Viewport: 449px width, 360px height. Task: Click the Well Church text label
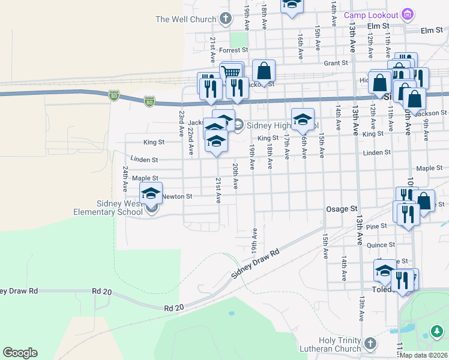185,19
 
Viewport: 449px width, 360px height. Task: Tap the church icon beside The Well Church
226,19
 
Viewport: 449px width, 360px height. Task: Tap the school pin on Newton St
151,193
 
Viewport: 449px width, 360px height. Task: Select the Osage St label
342,209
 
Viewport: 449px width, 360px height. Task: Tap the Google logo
20,353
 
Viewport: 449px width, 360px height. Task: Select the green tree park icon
437,331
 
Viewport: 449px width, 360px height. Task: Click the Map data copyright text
424,355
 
